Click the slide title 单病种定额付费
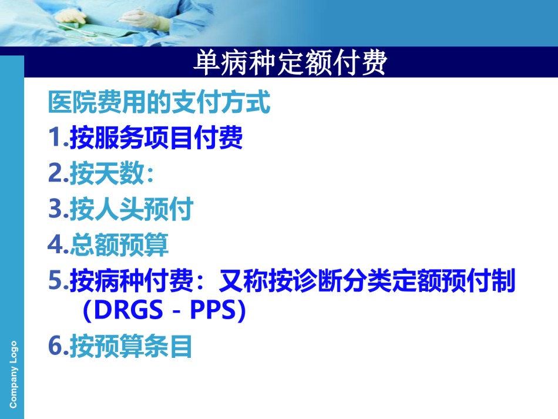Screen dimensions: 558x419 coord(290,63)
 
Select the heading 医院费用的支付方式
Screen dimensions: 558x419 coord(159,102)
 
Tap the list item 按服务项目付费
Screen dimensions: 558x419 coord(156,138)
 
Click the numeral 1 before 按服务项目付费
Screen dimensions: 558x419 coord(55,137)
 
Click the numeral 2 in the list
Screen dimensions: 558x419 coord(55,173)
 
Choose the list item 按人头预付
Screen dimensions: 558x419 coord(132,209)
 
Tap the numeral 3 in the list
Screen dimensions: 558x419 coord(55,209)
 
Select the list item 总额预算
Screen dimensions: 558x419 coord(119,244)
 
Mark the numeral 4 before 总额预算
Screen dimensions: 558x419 coord(55,244)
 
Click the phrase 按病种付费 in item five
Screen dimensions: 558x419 coord(132,280)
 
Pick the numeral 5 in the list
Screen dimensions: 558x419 coord(55,280)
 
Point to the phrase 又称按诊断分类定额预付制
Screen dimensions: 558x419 coord(367,280)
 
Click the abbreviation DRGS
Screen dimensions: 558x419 coord(129,310)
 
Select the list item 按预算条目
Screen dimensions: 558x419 coord(130,346)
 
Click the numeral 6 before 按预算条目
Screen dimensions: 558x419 coord(55,346)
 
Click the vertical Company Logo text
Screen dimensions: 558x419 coord(13,374)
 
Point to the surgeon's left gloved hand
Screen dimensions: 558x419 coord(72,16)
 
